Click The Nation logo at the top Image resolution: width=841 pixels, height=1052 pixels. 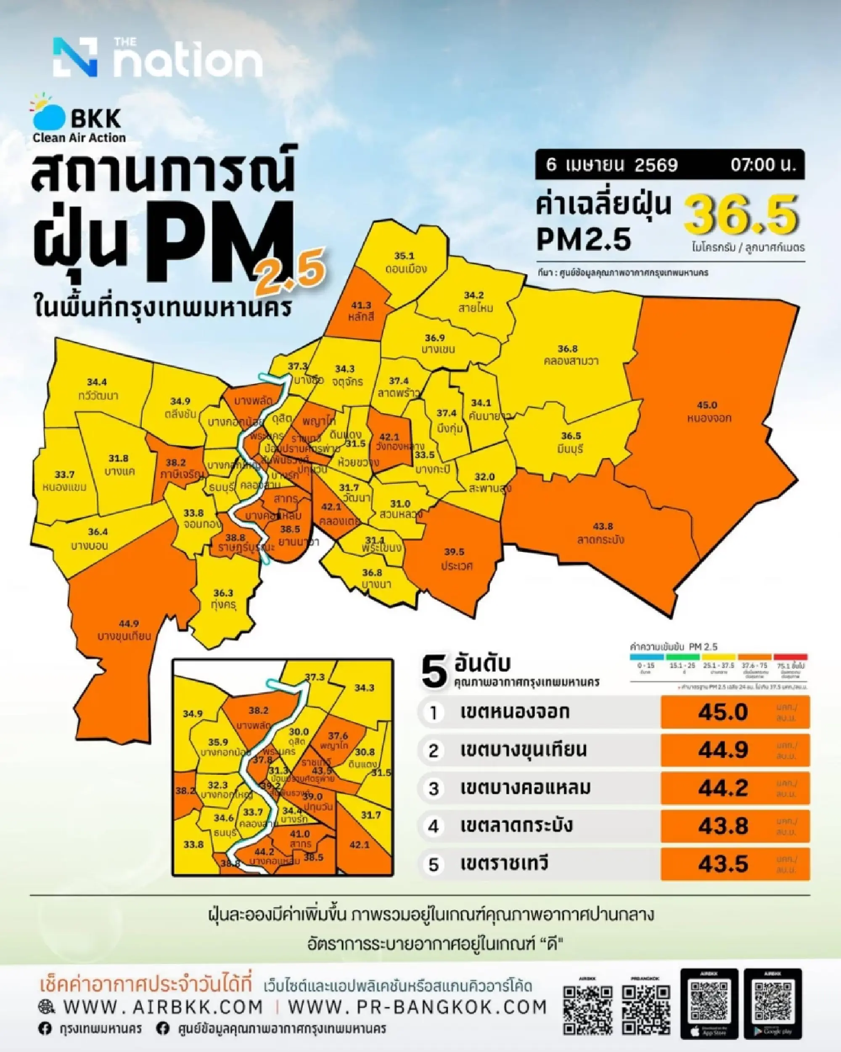tap(157, 58)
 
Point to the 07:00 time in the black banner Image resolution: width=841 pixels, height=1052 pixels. tap(762, 165)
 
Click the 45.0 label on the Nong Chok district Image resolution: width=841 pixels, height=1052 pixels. tap(707, 405)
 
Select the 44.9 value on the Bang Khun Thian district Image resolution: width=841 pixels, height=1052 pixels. tap(129, 624)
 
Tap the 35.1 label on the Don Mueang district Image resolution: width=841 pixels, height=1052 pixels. tap(404, 256)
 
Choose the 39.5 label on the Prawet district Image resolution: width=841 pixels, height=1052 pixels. tap(454, 552)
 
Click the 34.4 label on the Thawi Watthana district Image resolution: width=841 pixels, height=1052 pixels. tap(97, 382)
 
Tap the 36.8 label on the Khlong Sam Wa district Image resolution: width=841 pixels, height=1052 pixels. tap(567, 349)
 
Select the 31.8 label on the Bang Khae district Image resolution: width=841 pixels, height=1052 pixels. tap(119, 458)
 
